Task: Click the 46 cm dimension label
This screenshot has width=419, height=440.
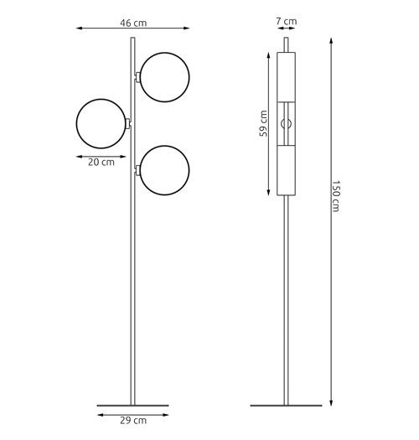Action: pyautogui.click(x=133, y=23)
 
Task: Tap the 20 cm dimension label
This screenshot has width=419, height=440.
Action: pyautogui.click(x=101, y=163)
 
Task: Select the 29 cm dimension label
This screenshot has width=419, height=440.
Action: pyautogui.click(x=133, y=421)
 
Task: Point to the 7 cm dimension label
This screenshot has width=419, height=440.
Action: pyautogui.click(x=287, y=21)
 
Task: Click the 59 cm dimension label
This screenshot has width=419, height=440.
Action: pyautogui.click(x=263, y=123)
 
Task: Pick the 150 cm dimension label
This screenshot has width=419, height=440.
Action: pyautogui.click(x=336, y=196)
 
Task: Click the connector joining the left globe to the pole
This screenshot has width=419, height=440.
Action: pyautogui.click(x=128, y=123)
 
